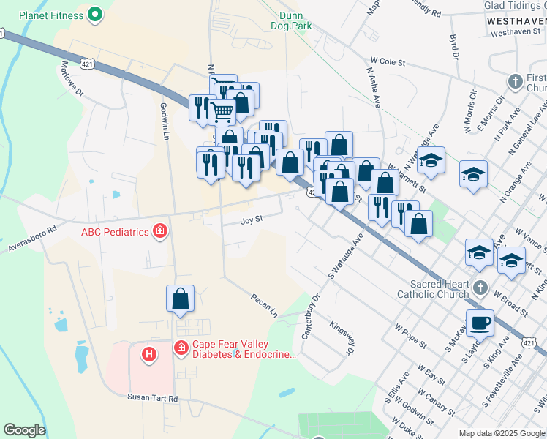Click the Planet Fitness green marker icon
coord(94,14)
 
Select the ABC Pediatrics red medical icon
coord(159,232)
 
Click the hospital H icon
coord(149,354)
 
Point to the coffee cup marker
coord(480,322)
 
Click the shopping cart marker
coord(222,112)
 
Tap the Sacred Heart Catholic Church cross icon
coord(480,286)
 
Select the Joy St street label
coord(252,219)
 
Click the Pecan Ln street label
coord(264,305)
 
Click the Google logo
coord(24,429)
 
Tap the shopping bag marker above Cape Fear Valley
coord(180,299)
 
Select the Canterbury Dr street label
coord(311,317)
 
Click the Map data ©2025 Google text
coord(502,433)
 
